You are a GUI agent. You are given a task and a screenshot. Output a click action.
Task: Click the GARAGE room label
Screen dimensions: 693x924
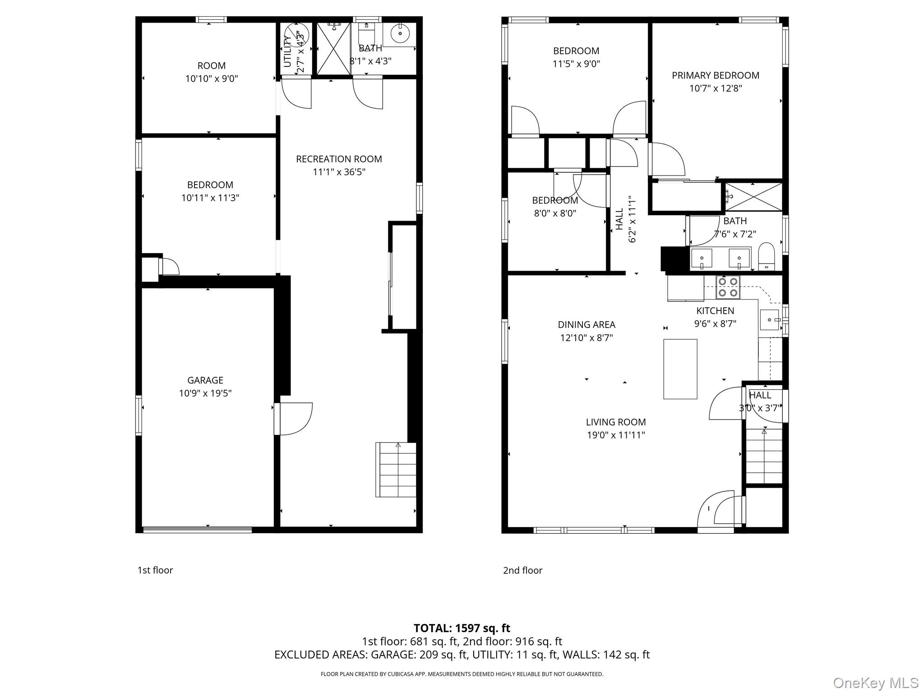click(205, 380)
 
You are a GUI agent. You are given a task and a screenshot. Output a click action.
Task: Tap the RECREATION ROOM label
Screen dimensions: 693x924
click(339, 159)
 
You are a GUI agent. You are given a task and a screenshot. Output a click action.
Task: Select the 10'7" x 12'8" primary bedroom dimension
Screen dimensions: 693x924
click(715, 88)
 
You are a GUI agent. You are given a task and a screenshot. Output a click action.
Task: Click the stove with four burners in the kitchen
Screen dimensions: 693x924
click(728, 287)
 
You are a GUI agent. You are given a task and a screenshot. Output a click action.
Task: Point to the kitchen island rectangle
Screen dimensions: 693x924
click(680, 369)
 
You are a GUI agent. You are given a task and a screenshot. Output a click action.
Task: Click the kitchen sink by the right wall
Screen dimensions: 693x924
click(769, 320)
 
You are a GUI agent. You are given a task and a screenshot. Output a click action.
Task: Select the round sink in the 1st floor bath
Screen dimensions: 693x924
click(400, 33)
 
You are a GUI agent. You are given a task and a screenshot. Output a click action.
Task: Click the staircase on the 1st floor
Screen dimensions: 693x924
click(396, 470)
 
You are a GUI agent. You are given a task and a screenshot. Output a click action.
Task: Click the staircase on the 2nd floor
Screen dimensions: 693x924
click(763, 456)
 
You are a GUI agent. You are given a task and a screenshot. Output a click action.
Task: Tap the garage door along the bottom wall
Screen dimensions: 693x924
click(197, 530)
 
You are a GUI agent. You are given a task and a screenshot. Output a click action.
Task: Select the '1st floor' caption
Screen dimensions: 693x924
click(155, 570)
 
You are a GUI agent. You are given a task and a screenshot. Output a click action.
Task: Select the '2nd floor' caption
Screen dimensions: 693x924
click(522, 570)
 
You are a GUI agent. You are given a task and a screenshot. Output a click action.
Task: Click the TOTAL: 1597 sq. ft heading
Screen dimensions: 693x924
click(462, 628)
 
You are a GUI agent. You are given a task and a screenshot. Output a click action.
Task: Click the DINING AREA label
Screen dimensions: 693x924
click(586, 324)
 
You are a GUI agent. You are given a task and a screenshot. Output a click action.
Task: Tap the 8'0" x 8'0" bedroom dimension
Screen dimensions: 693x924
click(555, 213)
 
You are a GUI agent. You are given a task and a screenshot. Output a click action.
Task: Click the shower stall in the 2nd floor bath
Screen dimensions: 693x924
click(753, 197)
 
